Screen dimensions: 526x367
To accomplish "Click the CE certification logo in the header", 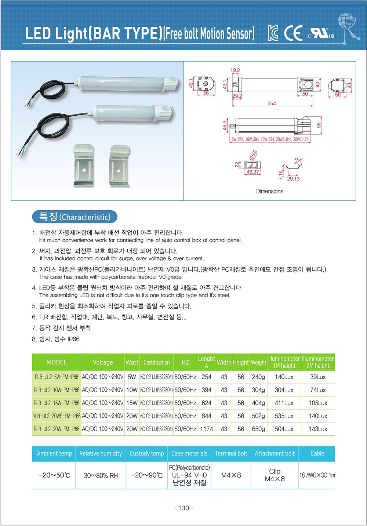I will pos(293,33).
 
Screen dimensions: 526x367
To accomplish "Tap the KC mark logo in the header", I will pos(273,33).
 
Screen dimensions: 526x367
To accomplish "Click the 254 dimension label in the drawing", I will pos(272,104).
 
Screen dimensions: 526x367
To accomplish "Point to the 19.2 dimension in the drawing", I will pos(235,70).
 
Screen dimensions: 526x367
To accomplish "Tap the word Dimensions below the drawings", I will pos(269,191).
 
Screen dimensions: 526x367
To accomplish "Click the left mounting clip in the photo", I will pos(84,165).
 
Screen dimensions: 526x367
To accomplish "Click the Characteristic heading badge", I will pos(75,217).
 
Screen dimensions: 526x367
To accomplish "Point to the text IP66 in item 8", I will pos(73,339).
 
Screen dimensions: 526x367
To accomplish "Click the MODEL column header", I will pos(57,362).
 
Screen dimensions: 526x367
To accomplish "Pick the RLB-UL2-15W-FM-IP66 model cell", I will pos(57,403).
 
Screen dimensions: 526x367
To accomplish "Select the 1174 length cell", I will pos(207,429).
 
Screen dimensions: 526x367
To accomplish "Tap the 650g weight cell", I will pos(258,429).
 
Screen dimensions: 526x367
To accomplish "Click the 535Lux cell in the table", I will pos(284,416).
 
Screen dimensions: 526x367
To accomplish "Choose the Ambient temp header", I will pos(54,453).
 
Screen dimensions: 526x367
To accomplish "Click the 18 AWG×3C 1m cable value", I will pos(317,475).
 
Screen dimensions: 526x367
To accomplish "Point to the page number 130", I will pos(183,508).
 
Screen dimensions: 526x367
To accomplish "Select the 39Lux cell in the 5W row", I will pos(318,377).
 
